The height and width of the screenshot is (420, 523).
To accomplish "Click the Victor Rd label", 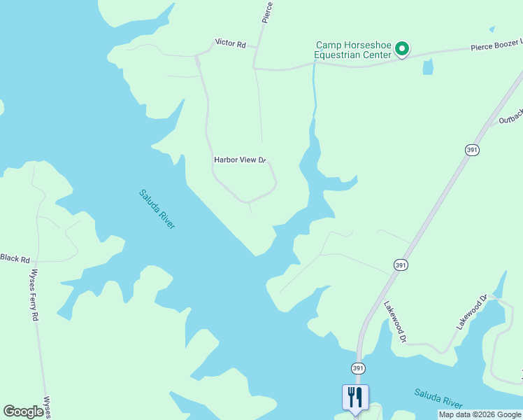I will [230, 44].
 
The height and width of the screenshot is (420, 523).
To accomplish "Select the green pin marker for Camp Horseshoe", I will [402, 48].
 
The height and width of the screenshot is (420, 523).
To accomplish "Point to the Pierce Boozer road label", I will [496, 45].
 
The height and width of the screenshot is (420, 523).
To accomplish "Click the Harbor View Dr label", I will [240, 160].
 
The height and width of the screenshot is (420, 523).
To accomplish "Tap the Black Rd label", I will [15, 258].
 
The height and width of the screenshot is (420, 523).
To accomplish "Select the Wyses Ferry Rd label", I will [34, 295].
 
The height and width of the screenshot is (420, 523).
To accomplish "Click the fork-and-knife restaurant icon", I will [355, 397].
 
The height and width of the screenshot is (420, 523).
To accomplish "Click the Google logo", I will [23, 411].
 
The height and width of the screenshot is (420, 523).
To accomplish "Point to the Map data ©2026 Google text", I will [479, 414].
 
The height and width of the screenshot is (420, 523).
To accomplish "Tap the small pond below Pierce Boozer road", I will [428, 66].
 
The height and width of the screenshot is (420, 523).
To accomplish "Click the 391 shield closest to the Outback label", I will [472, 150].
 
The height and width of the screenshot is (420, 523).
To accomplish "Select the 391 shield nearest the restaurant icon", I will [357, 368].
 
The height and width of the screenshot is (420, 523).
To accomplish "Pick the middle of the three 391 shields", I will [401, 265].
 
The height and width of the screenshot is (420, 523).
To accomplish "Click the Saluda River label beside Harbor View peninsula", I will [157, 209].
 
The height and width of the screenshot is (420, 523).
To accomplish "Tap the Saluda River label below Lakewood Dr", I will [438, 398].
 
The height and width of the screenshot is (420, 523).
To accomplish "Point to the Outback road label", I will [510, 117].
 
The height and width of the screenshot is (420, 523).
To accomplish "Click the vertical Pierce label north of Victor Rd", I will [266, 12].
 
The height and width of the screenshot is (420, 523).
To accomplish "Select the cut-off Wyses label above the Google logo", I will [48, 408].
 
